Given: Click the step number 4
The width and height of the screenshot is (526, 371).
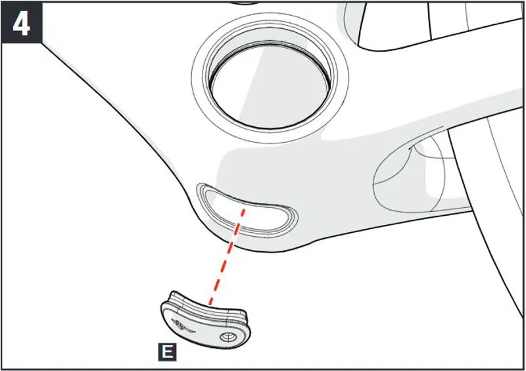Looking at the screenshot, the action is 21,24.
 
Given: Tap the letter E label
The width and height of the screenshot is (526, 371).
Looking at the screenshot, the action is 167,352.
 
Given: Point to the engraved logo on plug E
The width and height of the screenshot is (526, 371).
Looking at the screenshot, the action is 182,325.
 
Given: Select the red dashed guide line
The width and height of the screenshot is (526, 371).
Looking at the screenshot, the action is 227,257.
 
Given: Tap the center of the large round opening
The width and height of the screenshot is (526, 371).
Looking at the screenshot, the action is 270,86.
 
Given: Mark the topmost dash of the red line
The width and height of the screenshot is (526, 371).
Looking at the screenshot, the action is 243,214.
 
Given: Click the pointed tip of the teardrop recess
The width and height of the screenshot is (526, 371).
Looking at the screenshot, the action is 442,128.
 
